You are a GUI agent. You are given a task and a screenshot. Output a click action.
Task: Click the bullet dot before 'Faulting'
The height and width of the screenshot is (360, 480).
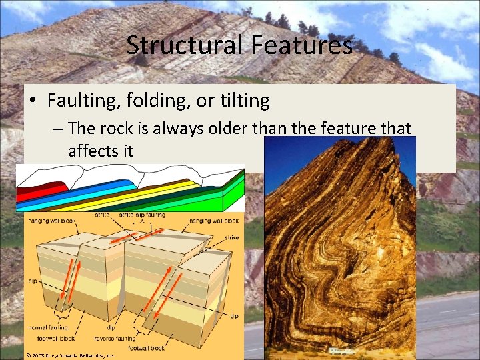33,101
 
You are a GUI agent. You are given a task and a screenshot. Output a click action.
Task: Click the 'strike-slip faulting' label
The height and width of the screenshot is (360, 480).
143,215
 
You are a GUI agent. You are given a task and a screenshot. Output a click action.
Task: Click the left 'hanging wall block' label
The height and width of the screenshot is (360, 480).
47,219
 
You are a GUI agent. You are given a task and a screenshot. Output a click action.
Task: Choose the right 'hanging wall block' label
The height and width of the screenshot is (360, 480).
214,219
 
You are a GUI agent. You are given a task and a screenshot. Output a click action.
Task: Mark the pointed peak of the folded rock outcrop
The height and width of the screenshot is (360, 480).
391,141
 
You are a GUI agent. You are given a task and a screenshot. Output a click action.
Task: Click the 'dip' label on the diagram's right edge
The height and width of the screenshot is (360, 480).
234,316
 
